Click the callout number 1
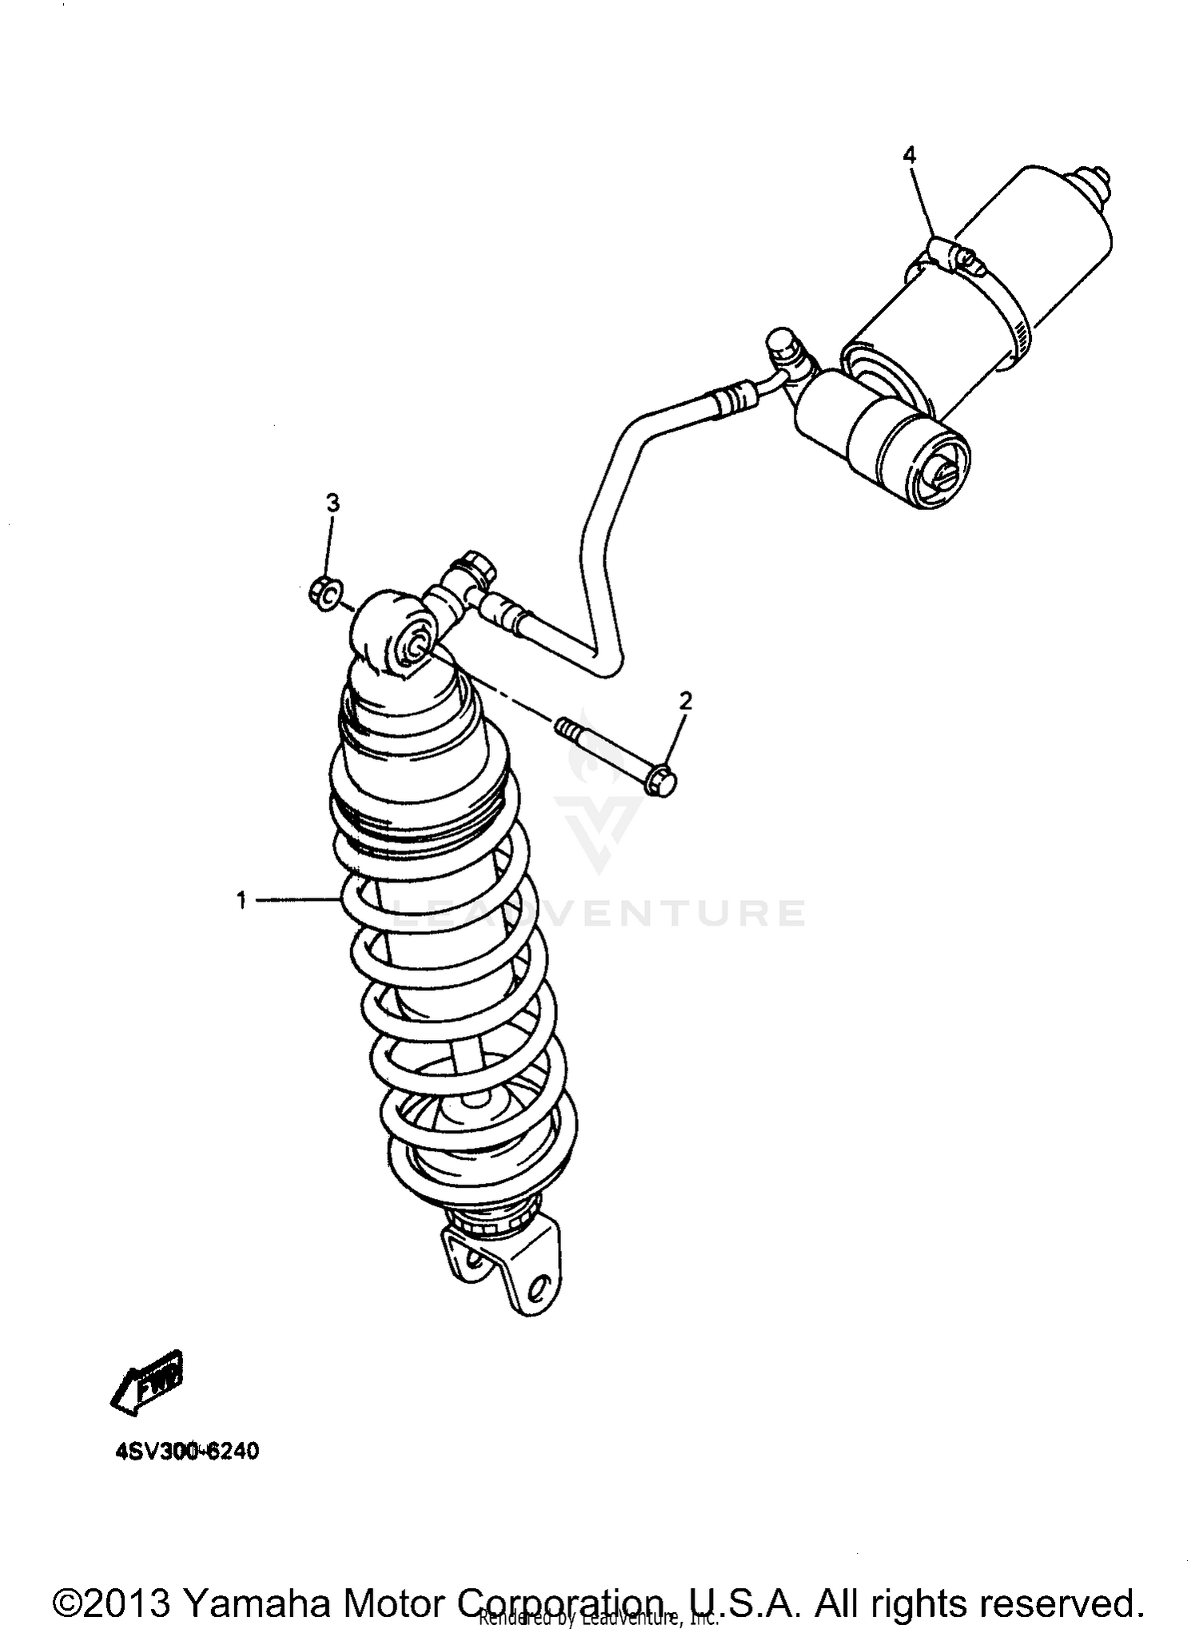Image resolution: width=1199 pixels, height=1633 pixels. pos(241,901)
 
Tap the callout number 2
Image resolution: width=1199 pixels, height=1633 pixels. pos(685,702)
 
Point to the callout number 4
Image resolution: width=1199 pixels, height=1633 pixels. pos(909,155)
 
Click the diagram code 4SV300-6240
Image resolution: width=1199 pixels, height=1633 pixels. pos(186,1451)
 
